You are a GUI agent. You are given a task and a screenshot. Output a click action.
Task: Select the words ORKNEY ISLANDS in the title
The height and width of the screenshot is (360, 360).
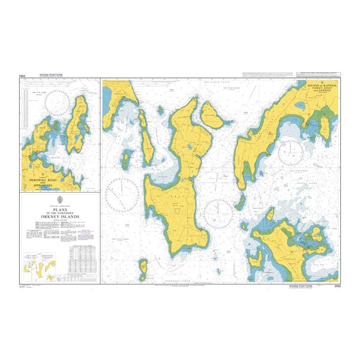coord(59,218)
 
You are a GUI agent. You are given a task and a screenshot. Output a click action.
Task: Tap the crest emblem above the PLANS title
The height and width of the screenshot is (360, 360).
coord(59,201)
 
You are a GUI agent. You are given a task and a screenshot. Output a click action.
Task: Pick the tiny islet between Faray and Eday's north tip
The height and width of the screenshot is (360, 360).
coord(160,110)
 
